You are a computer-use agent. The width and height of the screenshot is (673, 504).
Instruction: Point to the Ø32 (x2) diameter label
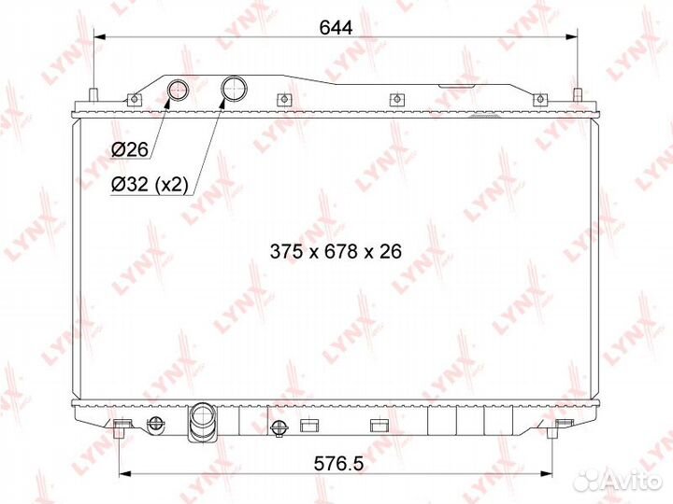[x=147, y=184]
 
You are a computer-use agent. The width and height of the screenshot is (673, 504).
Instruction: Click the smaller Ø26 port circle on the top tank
[x=177, y=91]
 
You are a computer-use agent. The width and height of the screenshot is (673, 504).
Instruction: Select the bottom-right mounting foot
[x=562, y=429]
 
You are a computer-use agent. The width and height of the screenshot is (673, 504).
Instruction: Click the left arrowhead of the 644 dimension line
[x=99, y=37]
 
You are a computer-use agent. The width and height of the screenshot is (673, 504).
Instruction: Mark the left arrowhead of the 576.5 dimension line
[x=124, y=472]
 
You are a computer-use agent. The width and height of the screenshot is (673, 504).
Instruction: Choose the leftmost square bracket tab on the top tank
[x=136, y=99]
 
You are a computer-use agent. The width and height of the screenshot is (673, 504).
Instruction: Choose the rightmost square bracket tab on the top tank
[x=537, y=99]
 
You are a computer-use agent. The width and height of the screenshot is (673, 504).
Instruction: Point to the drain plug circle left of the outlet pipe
[x=278, y=428]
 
